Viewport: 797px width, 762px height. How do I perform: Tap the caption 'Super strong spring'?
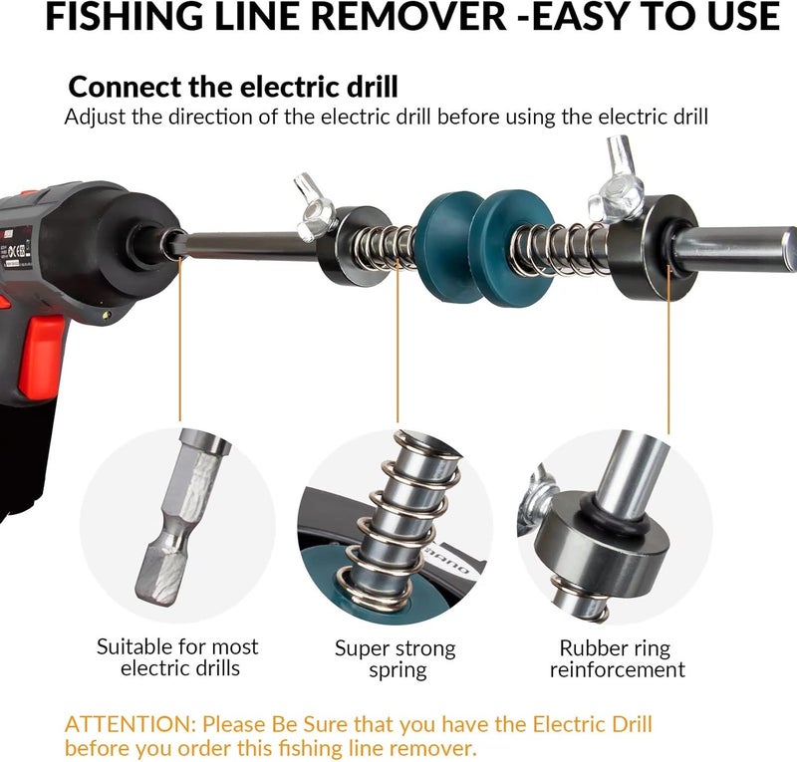pyautogui.click(x=395, y=658)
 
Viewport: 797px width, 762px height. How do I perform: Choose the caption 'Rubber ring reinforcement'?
pyautogui.click(x=617, y=658)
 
